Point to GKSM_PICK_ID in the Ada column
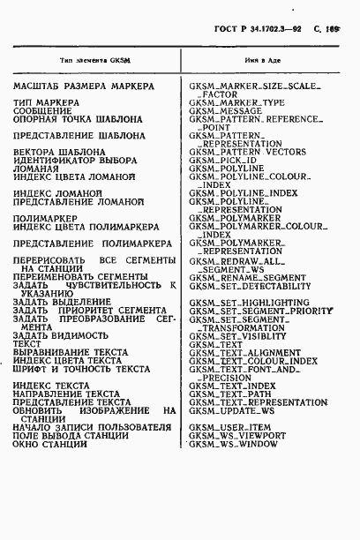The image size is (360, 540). point(224,160)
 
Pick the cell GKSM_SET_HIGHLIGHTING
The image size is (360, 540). point(249,302)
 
